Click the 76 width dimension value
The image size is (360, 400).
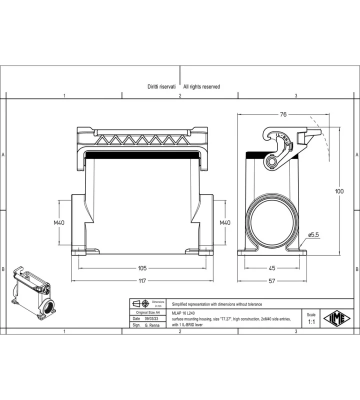[x=283, y=114]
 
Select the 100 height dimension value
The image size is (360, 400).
[x=339, y=191]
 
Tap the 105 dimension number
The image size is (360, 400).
[x=142, y=268]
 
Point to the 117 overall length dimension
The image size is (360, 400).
[x=142, y=281]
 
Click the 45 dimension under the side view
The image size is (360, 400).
[x=272, y=268]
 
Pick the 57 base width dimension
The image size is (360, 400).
[x=272, y=281]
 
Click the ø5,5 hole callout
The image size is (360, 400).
[x=313, y=234]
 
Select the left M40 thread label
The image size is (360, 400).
[x=59, y=222]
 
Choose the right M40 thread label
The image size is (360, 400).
[x=225, y=222]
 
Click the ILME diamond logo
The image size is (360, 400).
[x=337, y=318]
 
